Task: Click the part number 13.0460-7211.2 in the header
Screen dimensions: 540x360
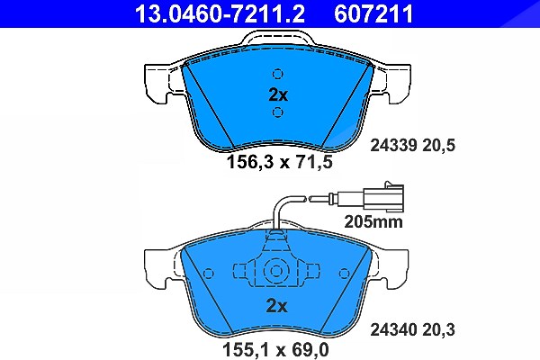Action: coord(220,13)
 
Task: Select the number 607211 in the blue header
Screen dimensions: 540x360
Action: coord(373,13)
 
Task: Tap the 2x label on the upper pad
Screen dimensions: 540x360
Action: coord(278,95)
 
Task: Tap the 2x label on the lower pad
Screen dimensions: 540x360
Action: coord(276,306)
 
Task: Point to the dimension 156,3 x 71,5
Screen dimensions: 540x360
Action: coord(280,162)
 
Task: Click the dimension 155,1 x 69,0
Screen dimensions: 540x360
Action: coord(276,350)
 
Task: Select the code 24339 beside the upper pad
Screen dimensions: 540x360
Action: coord(394,146)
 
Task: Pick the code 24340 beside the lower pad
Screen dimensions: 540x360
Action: coord(394,329)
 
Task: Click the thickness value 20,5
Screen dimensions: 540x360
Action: coord(439,146)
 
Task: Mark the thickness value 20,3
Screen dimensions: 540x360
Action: coord(439,330)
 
